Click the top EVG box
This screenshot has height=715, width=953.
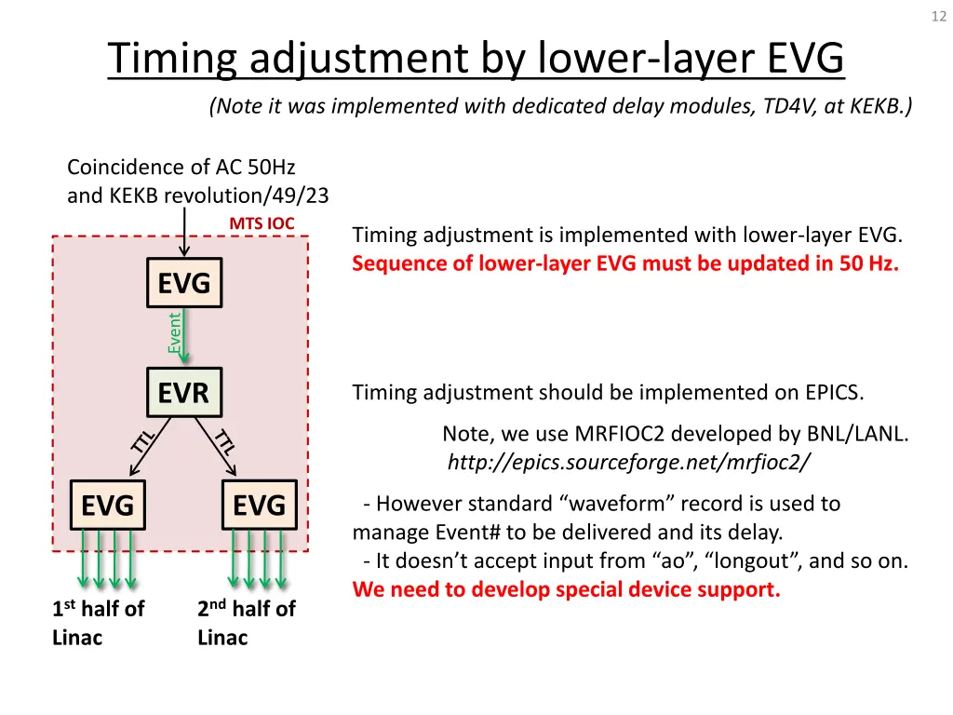[183, 283]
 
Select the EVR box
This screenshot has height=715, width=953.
[183, 394]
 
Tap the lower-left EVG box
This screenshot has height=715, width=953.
[108, 506]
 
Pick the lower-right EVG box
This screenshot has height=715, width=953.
[259, 506]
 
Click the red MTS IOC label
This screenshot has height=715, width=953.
[262, 223]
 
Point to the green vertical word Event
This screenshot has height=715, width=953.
[174, 332]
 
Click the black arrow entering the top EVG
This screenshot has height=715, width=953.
[185, 233]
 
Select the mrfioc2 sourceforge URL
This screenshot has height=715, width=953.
[629, 462]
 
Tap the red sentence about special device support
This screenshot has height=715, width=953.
[566, 589]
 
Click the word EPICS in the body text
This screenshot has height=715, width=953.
[833, 393]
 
